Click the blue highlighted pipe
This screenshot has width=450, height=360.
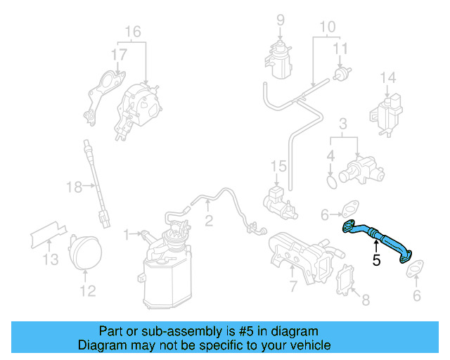[x=377, y=236]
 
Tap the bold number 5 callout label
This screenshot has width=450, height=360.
[x=376, y=261]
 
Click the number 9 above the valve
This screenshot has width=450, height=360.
[x=280, y=20]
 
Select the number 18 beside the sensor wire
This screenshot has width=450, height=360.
[x=74, y=186]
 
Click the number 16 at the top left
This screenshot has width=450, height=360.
[x=133, y=32]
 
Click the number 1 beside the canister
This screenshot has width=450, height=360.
[x=126, y=233]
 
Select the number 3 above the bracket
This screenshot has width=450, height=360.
[x=342, y=124]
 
